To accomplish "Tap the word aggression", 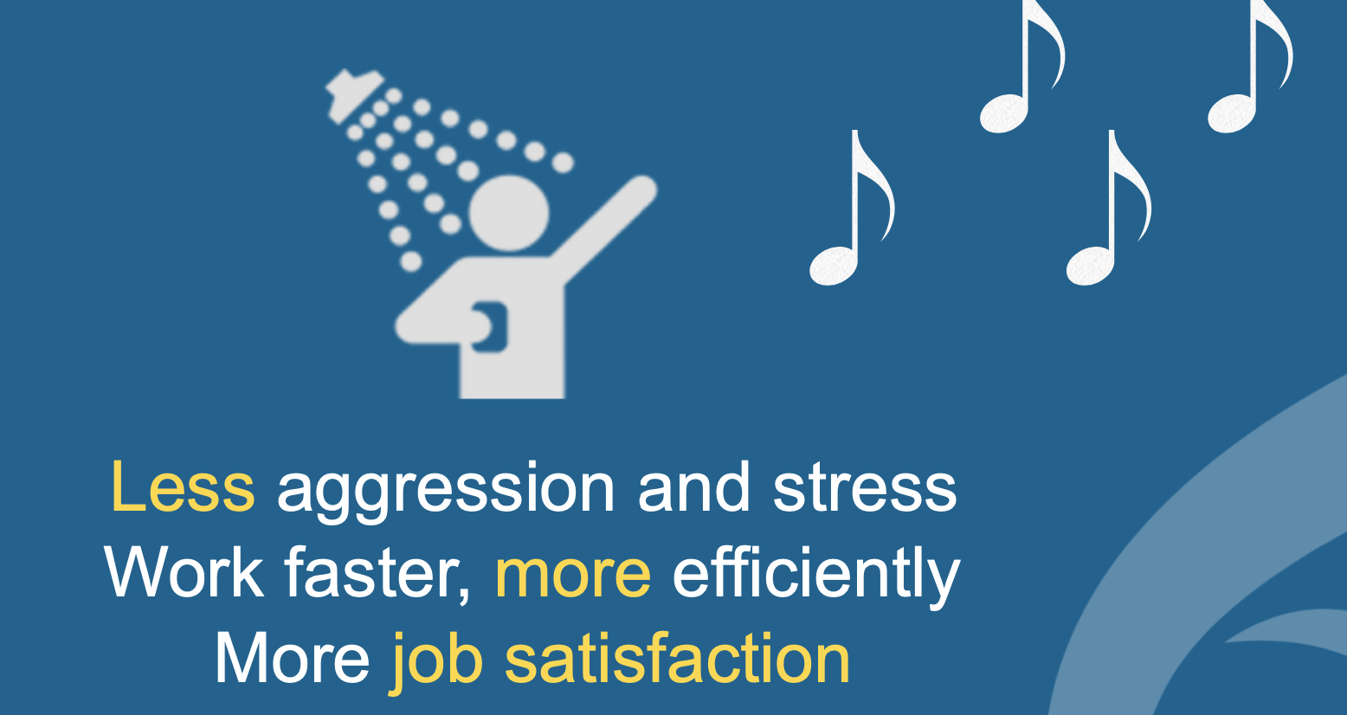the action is click(x=446, y=493).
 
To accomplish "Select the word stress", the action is click(x=865, y=487).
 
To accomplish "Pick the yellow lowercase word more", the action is click(x=572, y=577).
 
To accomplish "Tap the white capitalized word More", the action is click(x=293, y=659).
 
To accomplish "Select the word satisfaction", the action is click(x=677, y=659).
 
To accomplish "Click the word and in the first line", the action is click(x=694, y=487).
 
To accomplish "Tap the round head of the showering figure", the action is click(x=509, y=213).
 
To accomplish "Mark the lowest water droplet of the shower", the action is click(x=410, y=261).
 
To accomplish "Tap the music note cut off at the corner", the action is click(x=1251, y=66).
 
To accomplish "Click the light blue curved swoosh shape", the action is click(x=1196, y=541).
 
